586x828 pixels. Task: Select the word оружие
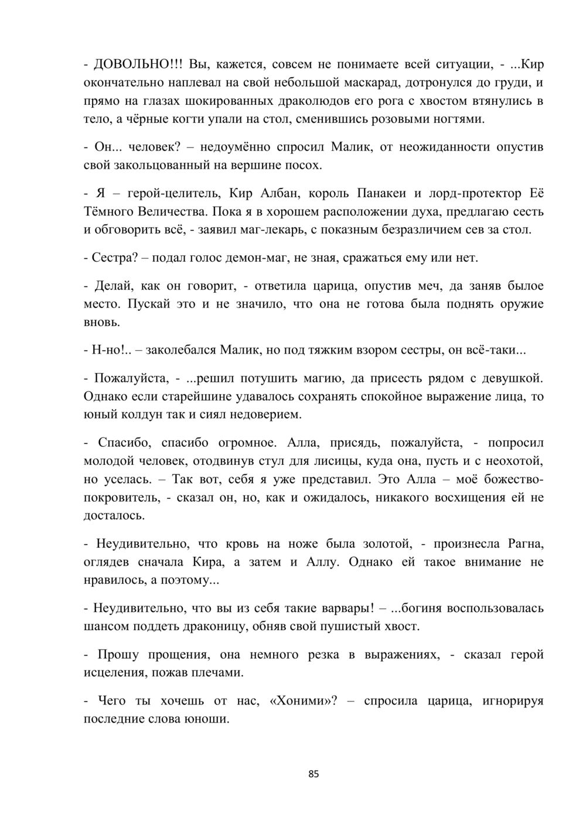(522, 304)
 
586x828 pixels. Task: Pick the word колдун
(135, 415)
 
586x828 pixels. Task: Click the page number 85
(314, 774)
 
